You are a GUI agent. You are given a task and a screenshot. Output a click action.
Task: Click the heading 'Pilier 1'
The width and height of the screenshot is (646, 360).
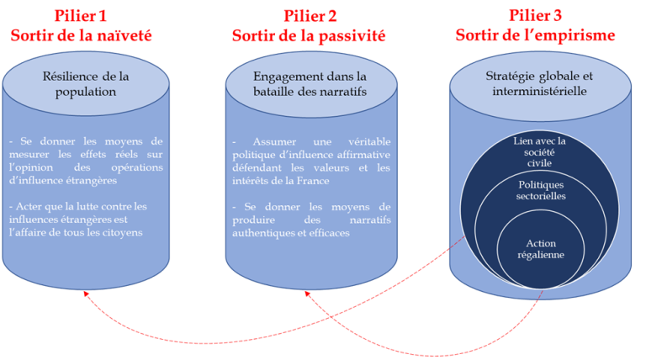click(x=81, y=15)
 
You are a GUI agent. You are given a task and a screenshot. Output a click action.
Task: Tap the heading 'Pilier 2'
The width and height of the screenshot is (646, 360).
click(x=309, y=15)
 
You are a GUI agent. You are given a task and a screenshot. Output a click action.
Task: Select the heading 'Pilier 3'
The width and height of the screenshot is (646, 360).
click(x=535, y=15)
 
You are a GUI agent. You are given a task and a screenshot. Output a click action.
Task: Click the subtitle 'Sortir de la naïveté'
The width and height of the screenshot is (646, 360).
click(x=81, y=35)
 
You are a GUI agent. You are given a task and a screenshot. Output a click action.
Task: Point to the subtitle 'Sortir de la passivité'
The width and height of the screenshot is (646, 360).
click(x=309, y=35)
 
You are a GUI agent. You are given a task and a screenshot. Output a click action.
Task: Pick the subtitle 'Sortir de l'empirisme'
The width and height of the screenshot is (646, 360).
click(x=535, y=35)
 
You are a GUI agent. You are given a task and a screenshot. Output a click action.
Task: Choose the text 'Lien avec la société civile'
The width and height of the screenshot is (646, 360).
click(x=539, y=152)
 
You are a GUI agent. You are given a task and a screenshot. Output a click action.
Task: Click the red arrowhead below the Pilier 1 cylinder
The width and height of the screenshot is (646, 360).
click(x=84, y=291)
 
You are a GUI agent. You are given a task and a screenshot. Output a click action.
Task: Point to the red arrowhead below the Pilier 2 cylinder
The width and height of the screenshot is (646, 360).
click(x=308, y=294)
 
